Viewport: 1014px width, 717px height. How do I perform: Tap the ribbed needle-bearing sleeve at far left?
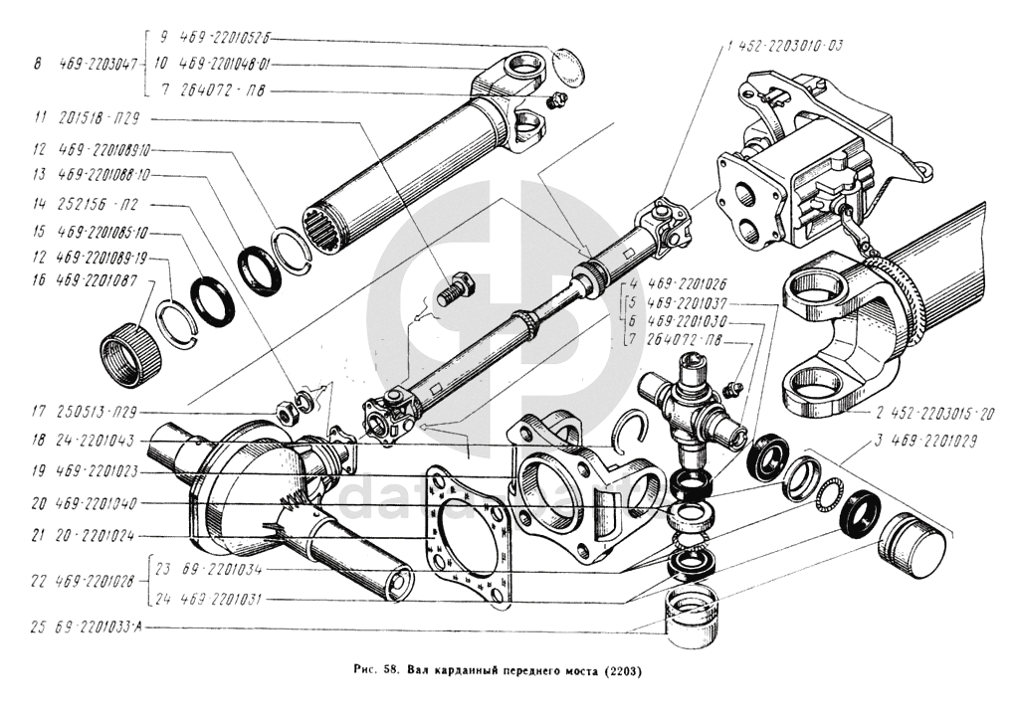[x=131, y=353]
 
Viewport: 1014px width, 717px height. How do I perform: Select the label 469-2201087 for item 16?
[x=98, y=281]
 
